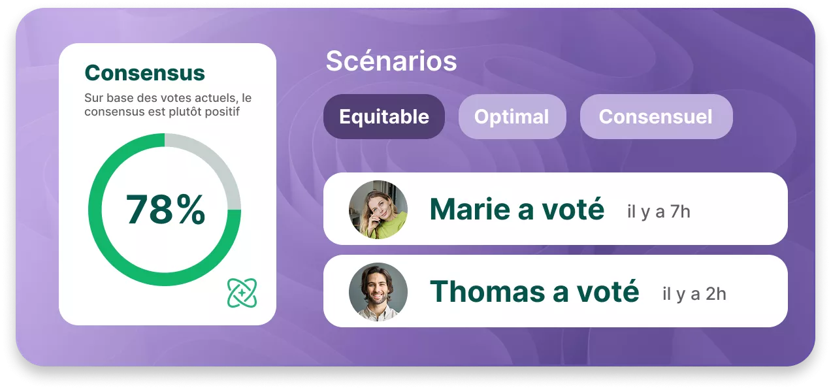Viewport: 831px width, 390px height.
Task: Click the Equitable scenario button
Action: pyautogui.click(x=384, y=116)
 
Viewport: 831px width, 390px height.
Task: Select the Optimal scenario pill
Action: pyautogui.click(x=512, y=116)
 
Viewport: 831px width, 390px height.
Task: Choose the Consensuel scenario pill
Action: pyautogui.click(x=657, y=116)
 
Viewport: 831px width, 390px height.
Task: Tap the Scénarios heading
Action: pyautogui.click(x=391, y=61)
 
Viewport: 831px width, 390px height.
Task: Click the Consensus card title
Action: pyautogui.click(x=144, y=73)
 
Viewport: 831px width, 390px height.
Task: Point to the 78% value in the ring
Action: pyautogui.click(x=165, y=210)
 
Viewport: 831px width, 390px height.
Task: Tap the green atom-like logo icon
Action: pyautogui.click(x=242, y=293)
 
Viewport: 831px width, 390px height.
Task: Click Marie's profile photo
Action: pyautogui.click(x=378, y=210)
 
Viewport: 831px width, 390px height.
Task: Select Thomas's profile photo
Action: pyautogui.click(x=378, y=292)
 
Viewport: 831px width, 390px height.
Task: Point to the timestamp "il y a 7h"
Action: pyautogui.click(x=659, y=212)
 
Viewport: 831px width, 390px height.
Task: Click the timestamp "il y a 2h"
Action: pyautogui.click(x=694, y=294)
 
